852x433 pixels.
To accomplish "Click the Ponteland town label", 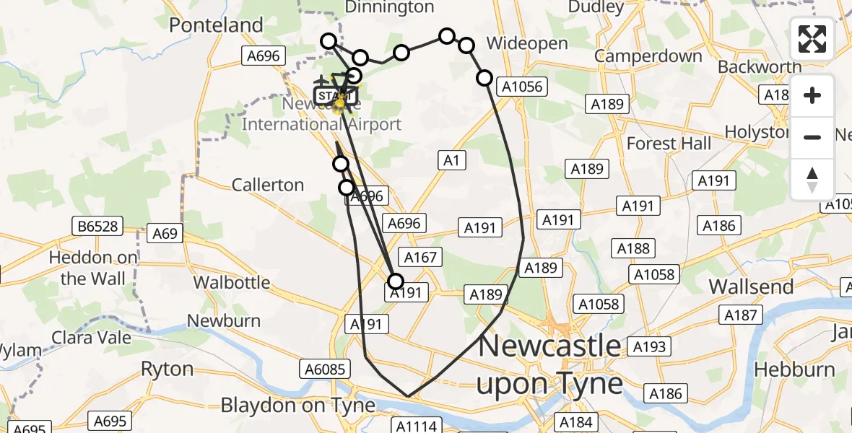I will (216, 25).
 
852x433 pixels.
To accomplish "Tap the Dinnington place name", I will (390, 7).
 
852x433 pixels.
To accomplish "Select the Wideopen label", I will (527, 43).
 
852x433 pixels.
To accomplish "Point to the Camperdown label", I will (648, 56).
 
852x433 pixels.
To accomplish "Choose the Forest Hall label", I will (669, 144).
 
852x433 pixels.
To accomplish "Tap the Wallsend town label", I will (751, 287).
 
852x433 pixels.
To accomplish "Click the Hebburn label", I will (794, 369).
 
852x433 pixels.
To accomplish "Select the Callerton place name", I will (268, 185).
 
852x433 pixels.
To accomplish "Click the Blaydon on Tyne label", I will (298, 405).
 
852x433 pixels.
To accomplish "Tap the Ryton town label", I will (167, 369).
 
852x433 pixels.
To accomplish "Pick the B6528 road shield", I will (95, 227).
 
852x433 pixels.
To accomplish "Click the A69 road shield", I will (165, 234).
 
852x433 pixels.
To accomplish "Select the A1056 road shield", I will (522, 87).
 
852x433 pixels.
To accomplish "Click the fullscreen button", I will (812, 39).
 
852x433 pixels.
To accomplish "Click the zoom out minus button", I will (812, 137).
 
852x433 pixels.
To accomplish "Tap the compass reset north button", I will (812, 179).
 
